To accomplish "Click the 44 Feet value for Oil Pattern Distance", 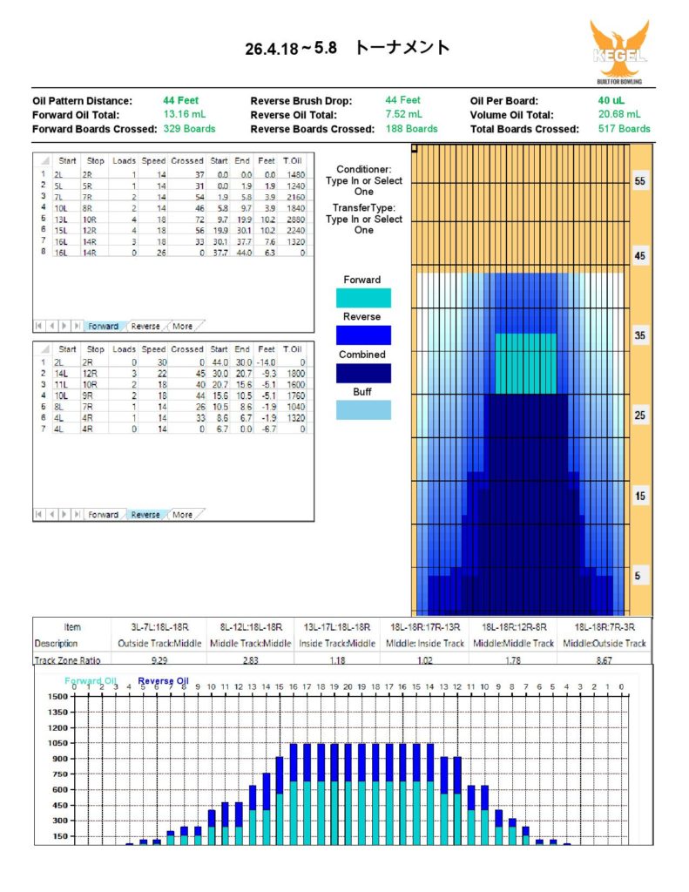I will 180,100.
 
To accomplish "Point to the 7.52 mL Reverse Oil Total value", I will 404,114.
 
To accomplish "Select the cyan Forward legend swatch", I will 362,298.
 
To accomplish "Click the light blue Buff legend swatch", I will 362,410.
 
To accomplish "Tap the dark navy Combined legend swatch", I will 362,373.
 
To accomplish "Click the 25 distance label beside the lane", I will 640,416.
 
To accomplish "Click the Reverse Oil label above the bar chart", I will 163,681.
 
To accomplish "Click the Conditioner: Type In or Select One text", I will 364,180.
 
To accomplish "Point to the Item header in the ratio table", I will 72,627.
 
